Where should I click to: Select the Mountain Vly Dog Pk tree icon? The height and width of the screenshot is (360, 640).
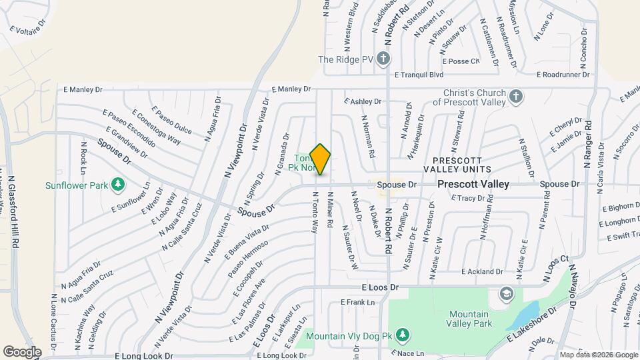pos(402,333)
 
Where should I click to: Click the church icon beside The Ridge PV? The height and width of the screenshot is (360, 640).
pos(383,59)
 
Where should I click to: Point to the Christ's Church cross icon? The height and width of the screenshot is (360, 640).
pos(515,97)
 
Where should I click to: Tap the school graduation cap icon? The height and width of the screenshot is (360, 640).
pos(507,294)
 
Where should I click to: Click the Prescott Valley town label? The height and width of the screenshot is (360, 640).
pos(473,184)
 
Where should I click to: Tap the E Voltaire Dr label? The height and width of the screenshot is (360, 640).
pos(28,25)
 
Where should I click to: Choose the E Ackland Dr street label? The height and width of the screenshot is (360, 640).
pos(481,272)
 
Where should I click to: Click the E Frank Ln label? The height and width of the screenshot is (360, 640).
pos(357,303)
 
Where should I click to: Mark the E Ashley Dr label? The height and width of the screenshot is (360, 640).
pos(362,101)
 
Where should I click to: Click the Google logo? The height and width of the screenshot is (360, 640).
pos(22,351)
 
